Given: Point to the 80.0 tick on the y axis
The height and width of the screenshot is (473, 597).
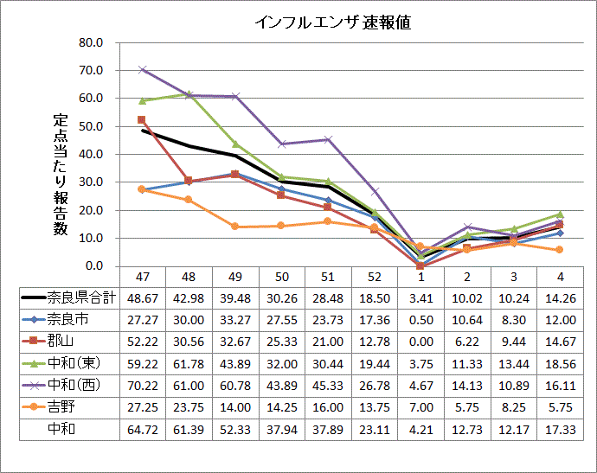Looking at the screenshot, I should tap(91, 42).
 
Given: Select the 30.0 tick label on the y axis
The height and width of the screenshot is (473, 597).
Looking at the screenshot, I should tap(91, 182).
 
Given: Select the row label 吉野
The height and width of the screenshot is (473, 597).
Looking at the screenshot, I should tap(61, 406).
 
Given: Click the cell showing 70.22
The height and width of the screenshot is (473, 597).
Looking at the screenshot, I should tap(143, 385).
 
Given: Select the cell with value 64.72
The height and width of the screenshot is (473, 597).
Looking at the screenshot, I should tap(143, 428).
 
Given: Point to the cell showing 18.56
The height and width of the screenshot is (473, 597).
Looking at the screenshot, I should tap(560, 363).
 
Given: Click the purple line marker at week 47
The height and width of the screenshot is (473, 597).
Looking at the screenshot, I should tap(143, 69).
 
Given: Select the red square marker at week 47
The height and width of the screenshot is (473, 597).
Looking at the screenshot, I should tap(142, 120).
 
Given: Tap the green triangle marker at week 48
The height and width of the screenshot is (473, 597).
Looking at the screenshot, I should tap(189, 93).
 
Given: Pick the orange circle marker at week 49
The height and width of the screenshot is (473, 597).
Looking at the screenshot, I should tap(234, 227).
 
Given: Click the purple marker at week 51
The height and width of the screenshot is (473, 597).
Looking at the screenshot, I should tap(327, 139).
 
